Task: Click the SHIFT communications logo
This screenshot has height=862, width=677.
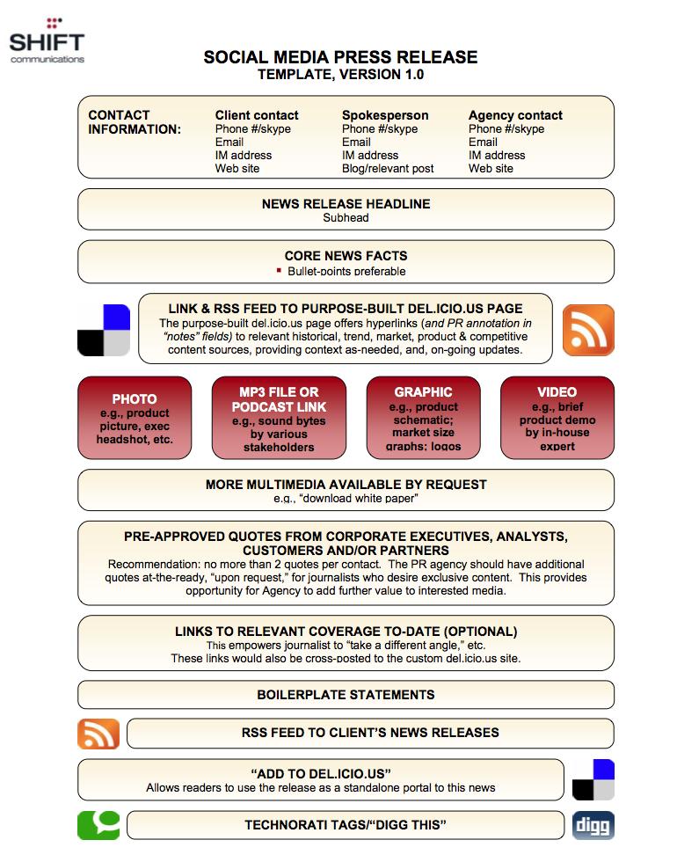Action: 47,40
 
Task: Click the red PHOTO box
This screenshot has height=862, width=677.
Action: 135,418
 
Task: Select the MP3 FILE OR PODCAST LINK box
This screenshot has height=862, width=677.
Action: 280,418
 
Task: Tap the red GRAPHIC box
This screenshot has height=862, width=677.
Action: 423,418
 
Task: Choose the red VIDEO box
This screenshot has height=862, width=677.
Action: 557,418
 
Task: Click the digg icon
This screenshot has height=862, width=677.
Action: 593,825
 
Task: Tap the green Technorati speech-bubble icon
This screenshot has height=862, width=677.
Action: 98,825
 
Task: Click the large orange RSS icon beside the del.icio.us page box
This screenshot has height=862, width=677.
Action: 588,330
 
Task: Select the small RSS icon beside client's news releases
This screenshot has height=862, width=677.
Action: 98,734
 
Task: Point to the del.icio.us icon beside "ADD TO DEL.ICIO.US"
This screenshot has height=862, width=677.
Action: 593,780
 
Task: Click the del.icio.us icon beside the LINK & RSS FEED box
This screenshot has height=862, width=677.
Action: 104,330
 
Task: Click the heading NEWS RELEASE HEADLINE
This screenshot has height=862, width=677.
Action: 346,204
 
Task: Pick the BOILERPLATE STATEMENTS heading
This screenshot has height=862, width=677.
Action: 346,695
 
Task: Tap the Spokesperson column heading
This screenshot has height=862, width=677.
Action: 385,115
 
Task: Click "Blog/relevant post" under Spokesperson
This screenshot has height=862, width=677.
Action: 388,169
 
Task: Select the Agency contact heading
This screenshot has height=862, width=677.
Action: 515,115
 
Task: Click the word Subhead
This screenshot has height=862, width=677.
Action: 346,218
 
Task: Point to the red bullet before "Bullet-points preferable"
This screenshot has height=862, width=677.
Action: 280,271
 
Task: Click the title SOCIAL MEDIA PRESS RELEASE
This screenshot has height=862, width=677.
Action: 341,57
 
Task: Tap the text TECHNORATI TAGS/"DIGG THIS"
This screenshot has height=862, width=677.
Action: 346,825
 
